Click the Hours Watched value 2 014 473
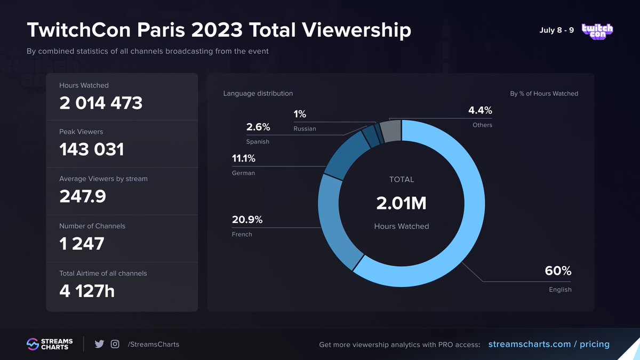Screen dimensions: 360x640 tap(101, 103)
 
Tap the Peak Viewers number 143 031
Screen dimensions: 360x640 tap(92, 150)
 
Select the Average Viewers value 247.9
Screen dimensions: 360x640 tap(83, 197)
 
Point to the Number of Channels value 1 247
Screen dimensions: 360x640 tap(82, 244)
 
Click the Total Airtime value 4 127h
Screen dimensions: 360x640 tap(87, 291)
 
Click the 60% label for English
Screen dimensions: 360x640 tap(558, 271)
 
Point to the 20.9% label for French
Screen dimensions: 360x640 tap(247, 220)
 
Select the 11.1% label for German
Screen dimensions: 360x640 tap(244, 158)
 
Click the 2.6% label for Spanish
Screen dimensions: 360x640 tap(258, 127)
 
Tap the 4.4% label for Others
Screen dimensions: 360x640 tap(480, 110)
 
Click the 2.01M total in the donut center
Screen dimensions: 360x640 tap(402, 204)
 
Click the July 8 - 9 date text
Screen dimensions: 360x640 tap(557, 30)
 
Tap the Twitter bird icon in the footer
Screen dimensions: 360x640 tap(99, 345)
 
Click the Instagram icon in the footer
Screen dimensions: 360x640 tap(115, 345)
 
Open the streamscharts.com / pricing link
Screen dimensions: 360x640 tap(549, 345)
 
